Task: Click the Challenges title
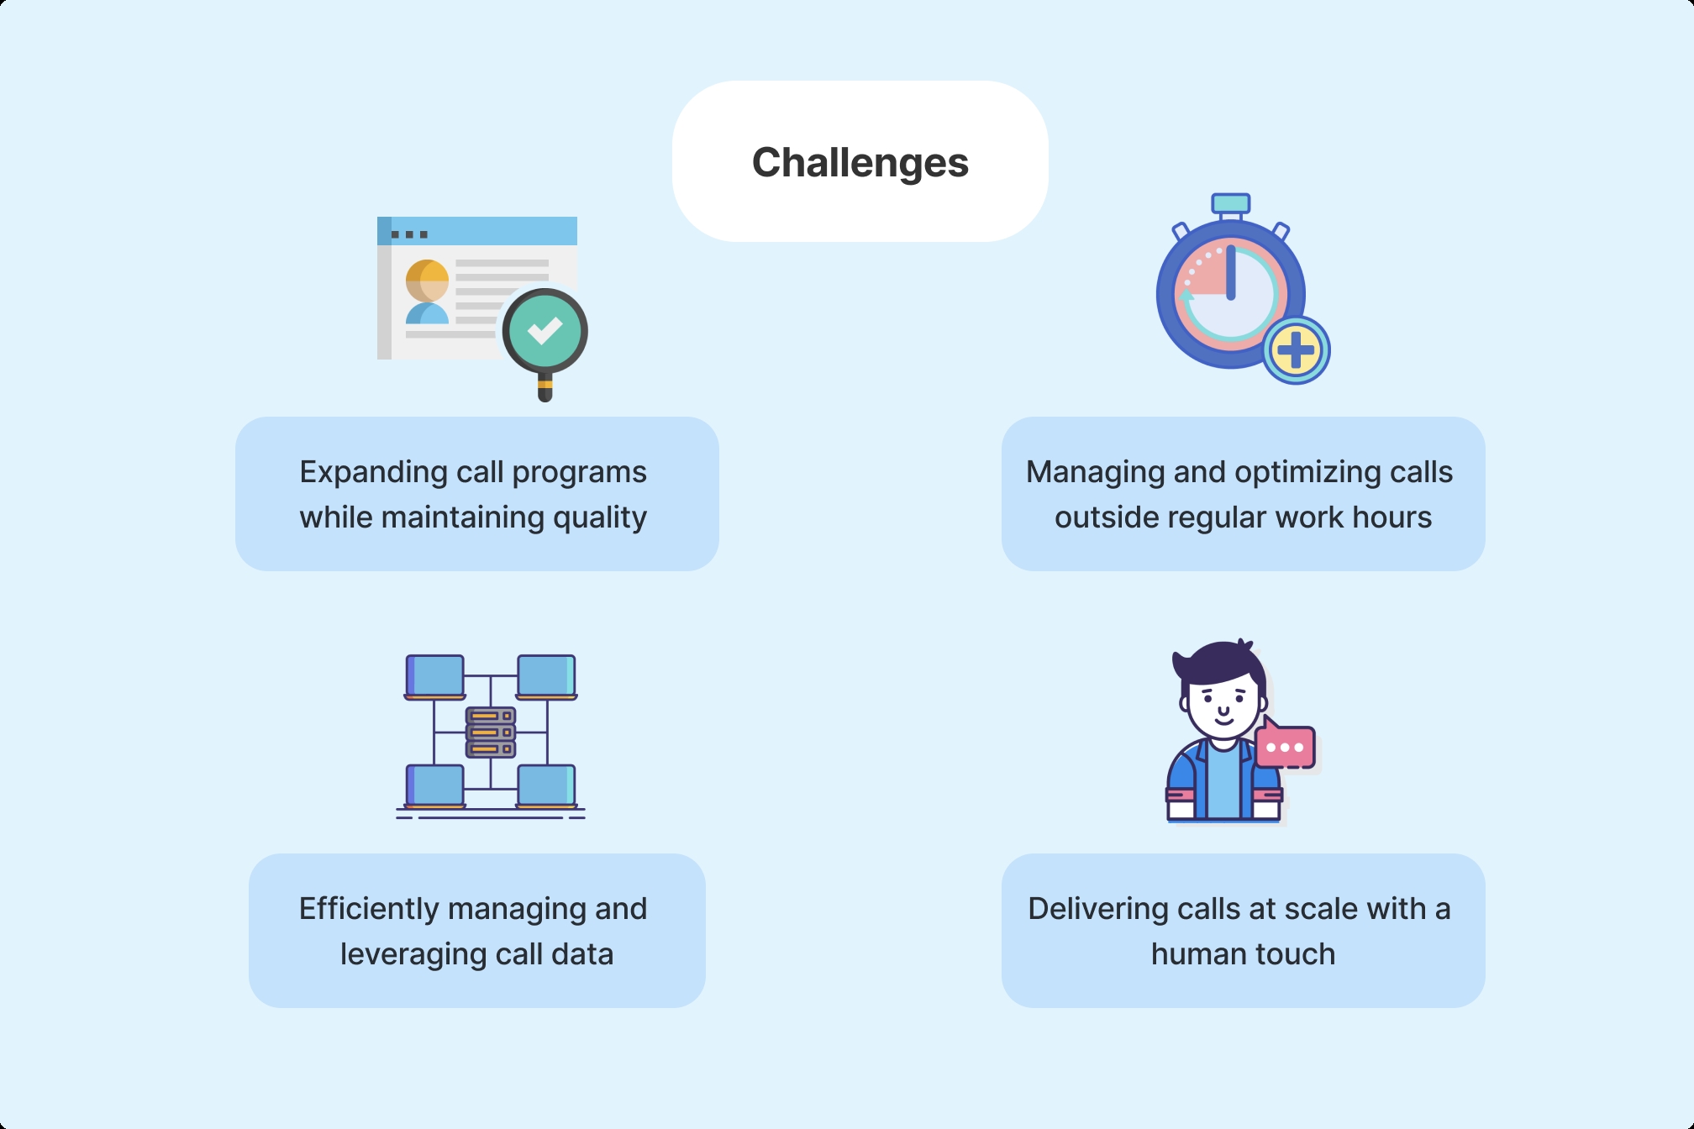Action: point(860,162)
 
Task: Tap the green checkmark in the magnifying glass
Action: point(544,331)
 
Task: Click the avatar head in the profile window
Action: point(427,280)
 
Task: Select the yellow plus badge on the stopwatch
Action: point(1296,350)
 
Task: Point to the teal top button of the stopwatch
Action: point(1230,203)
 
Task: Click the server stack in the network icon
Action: point(491,732)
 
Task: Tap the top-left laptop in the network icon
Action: point(435,677)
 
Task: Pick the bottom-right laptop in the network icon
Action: point(546,786)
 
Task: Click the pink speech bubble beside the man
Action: point(1285,746)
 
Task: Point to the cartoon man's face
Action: point(1223,705)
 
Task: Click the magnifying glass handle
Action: point(544,388)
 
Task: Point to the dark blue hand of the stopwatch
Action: point(1231,272)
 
